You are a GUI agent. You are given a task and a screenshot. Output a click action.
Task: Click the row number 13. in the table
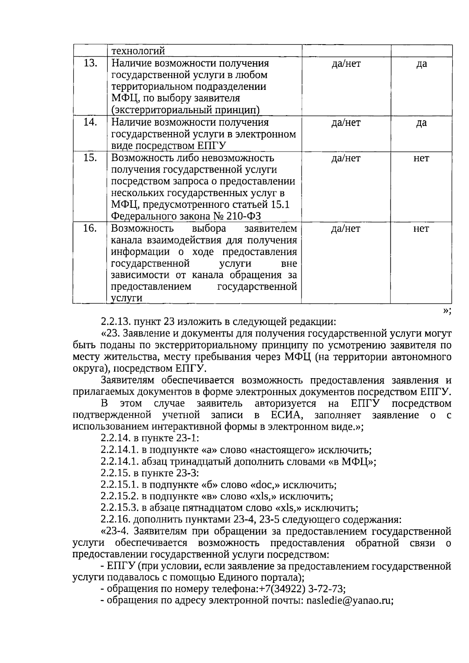pos(90,63)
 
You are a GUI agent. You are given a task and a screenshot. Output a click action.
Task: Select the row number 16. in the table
pos(90,228)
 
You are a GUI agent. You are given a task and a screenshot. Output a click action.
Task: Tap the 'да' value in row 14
pos(421,123)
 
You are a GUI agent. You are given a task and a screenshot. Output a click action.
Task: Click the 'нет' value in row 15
pos(421,158)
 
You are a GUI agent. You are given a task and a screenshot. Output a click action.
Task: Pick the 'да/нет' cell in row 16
pos(345,229)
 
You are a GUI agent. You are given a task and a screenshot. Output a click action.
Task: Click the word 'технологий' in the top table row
pos(138,51)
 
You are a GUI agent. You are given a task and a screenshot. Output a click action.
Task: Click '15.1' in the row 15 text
pos(281,205)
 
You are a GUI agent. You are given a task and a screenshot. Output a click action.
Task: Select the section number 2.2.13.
pos(116,322)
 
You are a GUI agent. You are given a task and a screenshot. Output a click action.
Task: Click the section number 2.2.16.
pos(116,520)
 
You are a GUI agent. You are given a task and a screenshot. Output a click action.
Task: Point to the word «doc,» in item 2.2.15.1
pos(265,485)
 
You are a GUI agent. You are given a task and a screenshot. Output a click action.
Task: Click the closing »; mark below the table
pos(447,311)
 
